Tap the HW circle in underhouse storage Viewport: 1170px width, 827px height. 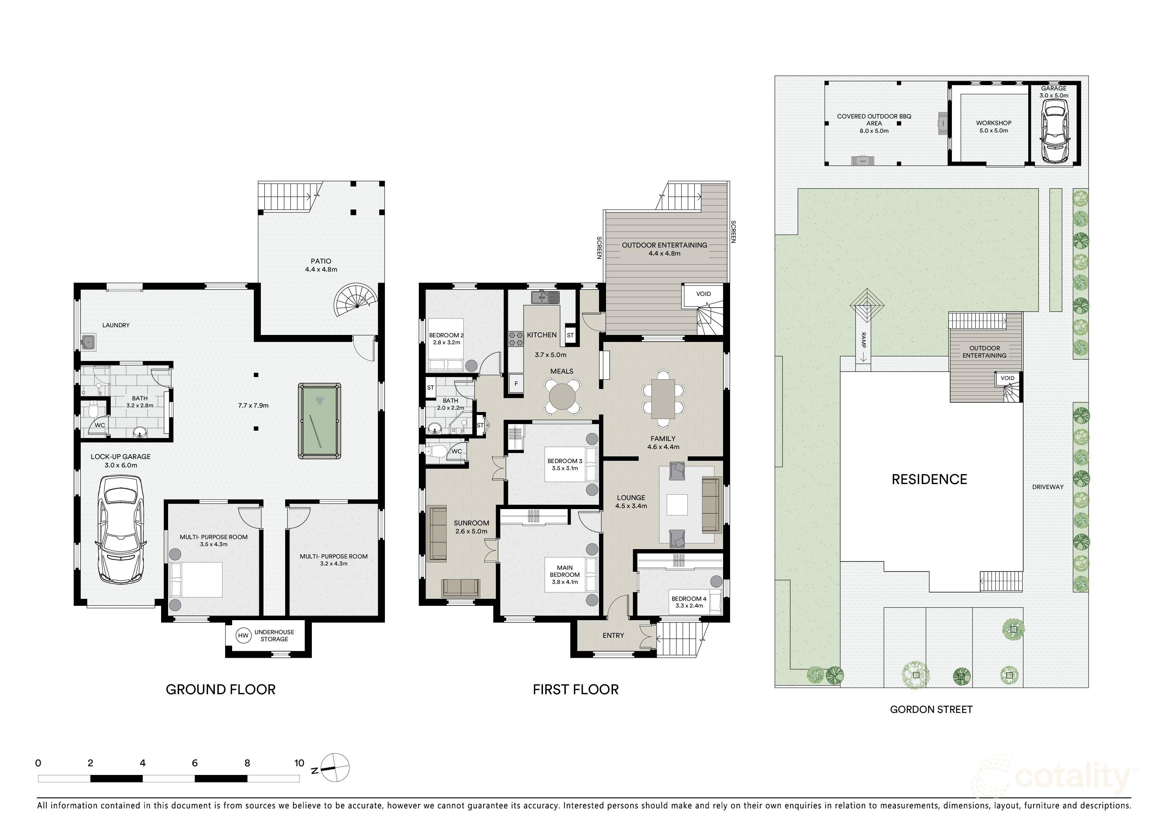tap(243, 636)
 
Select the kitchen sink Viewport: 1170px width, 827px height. tap(544, 297)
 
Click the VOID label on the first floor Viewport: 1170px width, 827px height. tap(703, 294)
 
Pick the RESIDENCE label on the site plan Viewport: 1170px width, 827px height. tap(929, 479)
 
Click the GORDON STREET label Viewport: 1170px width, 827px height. tap(931, 709)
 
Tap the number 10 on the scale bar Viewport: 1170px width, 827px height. tap(299, 763)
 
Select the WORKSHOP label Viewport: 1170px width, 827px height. tap(993, 123)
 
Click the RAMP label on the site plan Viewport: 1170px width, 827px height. tap(863, 340)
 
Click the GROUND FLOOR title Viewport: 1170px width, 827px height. tap(221, 690)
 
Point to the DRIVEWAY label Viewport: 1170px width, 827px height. tap(1048, 487)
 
